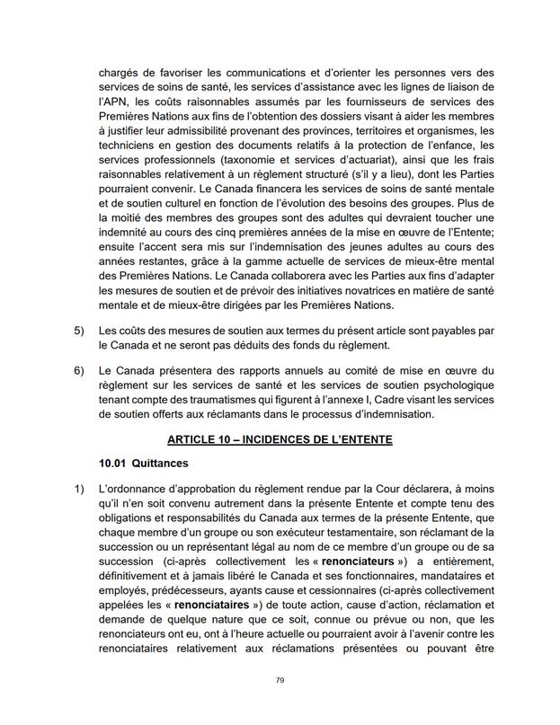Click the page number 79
pos(280,680)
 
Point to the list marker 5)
pos(78,331)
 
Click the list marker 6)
pos(78,369)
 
